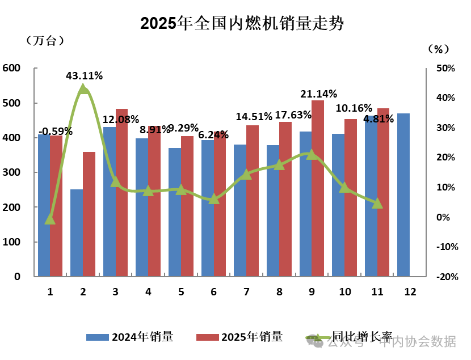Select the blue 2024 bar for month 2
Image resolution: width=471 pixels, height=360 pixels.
77,233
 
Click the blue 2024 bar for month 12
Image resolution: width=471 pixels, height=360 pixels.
403,195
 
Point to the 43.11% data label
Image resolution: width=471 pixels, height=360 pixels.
84,75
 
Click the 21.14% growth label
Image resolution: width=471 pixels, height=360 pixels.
319,94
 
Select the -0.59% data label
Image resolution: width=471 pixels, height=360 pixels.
51,131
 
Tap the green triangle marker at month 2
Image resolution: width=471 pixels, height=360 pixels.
83,88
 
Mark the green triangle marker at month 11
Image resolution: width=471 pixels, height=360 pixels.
377,202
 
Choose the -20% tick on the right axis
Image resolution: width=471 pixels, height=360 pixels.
445,277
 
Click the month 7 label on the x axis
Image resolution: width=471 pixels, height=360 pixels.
246,292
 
